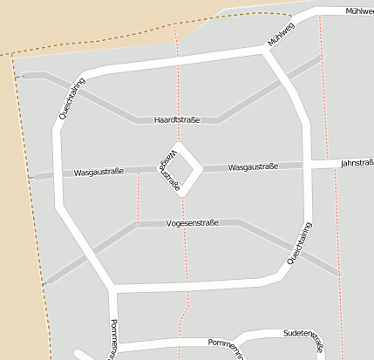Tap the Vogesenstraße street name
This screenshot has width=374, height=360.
click(191, 224)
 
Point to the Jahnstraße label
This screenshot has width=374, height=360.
click(357, 162)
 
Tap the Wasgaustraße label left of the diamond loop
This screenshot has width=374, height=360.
click(99, 172)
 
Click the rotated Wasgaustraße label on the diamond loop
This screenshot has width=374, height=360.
click(169, 169)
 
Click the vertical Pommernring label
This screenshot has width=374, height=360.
click(113, 340)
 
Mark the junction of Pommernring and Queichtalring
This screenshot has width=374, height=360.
click(111, 286)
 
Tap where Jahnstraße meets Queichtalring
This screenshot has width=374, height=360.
click(307, 164)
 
